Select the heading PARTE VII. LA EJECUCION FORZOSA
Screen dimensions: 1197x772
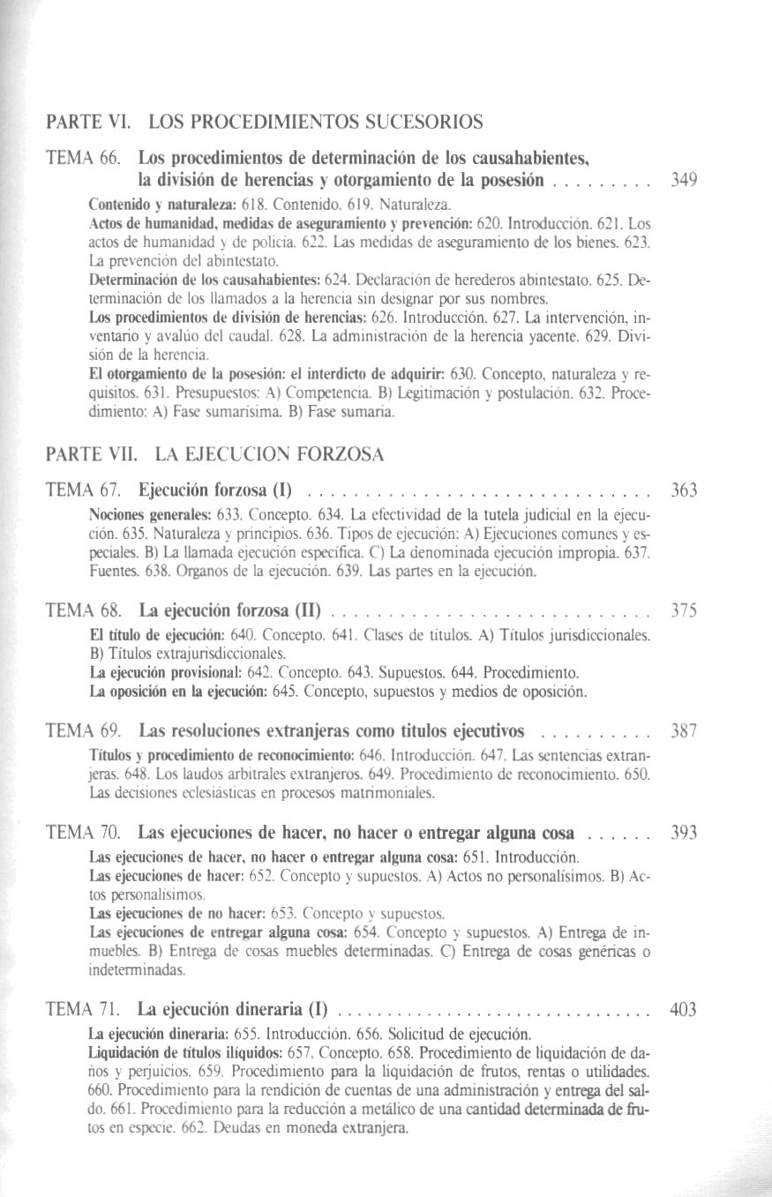(215, 455)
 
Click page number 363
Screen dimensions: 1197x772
(684, 490)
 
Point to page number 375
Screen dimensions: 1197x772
(684, 610)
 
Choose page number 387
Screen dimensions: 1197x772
(684, 731)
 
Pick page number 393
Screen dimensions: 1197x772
(684, 834)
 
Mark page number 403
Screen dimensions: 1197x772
(684, 1010)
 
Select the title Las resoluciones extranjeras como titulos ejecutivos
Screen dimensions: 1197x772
(332, 731)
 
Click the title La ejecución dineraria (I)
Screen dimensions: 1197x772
(234, 1010)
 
